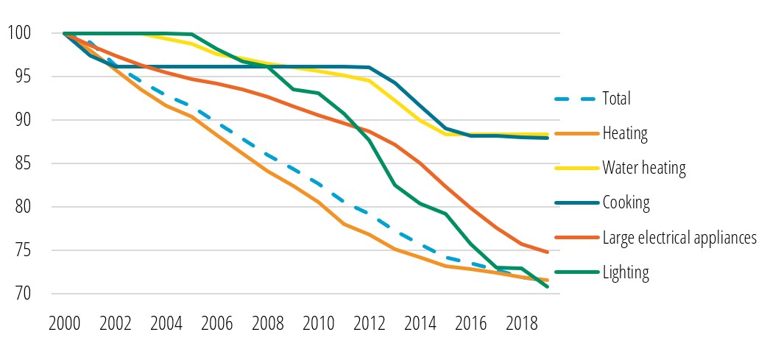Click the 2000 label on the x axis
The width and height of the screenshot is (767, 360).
[64, 325]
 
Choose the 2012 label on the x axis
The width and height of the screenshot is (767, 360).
[368, 325]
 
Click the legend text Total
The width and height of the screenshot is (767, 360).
[617, 98]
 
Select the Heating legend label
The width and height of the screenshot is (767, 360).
[624, 133]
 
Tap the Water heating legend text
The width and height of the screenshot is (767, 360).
[644, 168]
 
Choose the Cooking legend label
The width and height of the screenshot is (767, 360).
[626, 202]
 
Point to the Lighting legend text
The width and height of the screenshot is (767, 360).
[626, 272]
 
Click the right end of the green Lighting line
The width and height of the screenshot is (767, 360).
[547, 286]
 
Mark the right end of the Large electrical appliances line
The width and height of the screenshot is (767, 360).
[547, 252]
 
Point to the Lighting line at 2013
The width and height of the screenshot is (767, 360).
[394, 185]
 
